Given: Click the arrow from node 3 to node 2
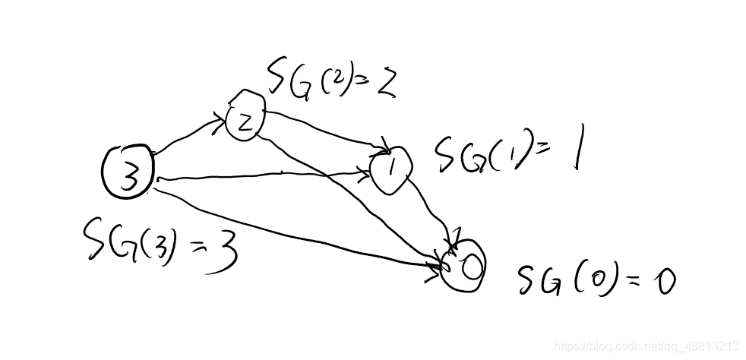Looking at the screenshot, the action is pos(190,134).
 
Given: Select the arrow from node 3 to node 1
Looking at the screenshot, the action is pos(266,177).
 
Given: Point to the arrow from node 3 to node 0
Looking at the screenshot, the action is pos(296,228).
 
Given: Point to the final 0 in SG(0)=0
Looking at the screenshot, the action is pos(665,283).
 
